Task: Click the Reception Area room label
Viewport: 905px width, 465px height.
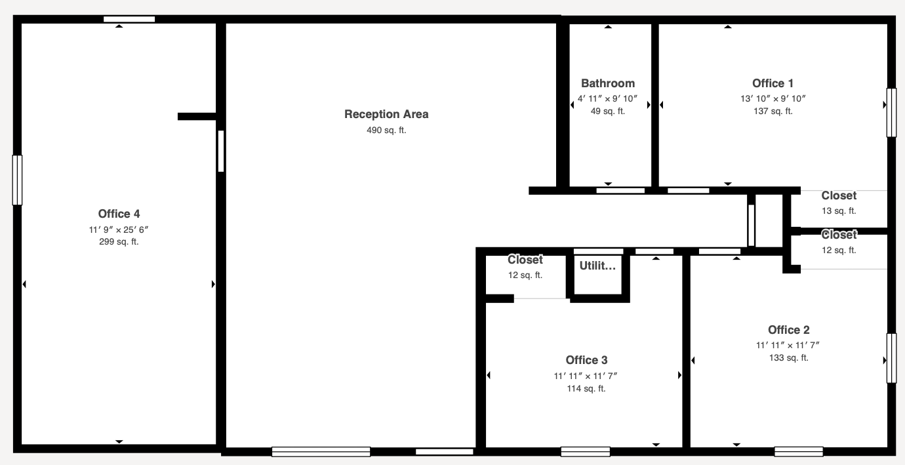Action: (x=386, y=114)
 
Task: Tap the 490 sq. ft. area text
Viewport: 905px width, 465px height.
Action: (x=386, y=130)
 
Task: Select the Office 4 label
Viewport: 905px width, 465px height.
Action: (x=119, y=214)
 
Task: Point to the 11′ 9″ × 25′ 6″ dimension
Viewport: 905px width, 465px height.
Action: (x=119, y=230)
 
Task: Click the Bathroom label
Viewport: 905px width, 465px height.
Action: (x=608, y=83)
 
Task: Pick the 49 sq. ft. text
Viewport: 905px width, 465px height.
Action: (x=608, y=111)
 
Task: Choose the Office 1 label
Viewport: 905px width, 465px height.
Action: (x=773, y=83)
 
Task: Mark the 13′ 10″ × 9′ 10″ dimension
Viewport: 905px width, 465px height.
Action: (x=773, y=98)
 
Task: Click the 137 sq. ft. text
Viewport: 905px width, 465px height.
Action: (x=773, y=111)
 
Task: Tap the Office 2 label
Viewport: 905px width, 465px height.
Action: (x=789, y=330)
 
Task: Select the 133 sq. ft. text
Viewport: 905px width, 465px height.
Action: (x=789, y=358)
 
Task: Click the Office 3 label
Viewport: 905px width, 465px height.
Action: (x=586, y=360)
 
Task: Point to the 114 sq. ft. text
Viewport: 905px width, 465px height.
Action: (x=586, y=389)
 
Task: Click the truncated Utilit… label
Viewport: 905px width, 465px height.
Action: (x=597, y=266)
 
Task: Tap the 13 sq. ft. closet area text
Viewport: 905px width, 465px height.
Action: (x=839, y=211)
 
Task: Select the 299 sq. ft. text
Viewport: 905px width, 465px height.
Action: (x=119, y=242)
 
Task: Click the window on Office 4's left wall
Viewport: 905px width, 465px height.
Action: (x=17, y=180)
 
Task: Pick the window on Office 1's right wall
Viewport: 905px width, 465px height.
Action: (x=892, y=113)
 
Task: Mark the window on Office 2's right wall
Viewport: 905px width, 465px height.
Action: (x=892, y=358)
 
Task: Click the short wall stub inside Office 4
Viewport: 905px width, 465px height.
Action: (x=197, y=116)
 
